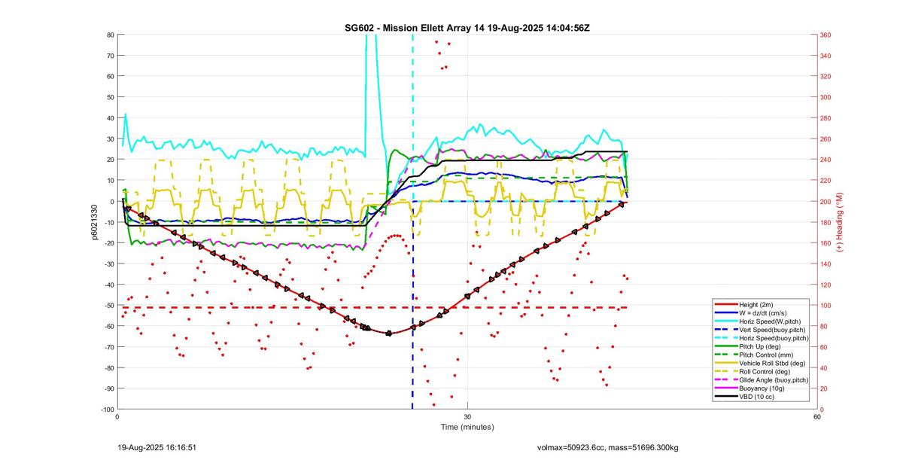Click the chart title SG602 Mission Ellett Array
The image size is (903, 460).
[x=467, y=28]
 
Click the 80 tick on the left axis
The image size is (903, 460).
[x=110, y=35]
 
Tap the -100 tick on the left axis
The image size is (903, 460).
[x=108, y=409]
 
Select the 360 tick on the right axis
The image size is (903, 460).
[x=825, y=35]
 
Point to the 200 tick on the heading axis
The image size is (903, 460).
[x=825, y=201]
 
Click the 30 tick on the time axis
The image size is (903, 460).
[x=467, y=417]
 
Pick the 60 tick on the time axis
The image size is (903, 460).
[x=816, y=417]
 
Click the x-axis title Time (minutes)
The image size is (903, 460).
[x=467, y=427]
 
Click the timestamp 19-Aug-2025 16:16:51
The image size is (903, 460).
[x=157, y=447]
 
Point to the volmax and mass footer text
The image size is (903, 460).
[x=607, y=447]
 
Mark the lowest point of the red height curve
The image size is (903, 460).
[x=388, y=333]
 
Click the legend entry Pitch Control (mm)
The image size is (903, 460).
[x=765, y=355]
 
